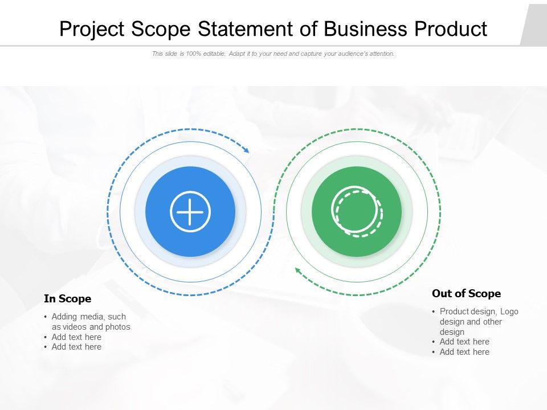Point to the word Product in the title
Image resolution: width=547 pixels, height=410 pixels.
click(x=452, y=29)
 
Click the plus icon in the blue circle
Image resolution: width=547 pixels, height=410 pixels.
click(x=190, y=212)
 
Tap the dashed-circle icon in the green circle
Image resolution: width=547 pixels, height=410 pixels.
click(x=357, y=211)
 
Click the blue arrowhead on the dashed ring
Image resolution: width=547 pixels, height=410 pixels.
click(x=246, y=150)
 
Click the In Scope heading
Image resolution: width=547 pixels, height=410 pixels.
click(x=67, y=299)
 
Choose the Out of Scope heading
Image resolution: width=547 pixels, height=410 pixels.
click(x=466, y=294)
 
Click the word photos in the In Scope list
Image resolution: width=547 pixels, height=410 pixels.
click(x=118, y=327)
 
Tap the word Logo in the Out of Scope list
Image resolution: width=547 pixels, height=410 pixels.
click(x=509, y=311)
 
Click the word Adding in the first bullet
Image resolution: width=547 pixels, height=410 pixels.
click(x=64, y=317)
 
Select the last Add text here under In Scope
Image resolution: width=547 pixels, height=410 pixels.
click(x=76, y=347)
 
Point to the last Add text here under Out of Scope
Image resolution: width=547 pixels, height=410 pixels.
click(x=464, y=352)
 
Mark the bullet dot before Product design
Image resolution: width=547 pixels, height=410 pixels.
click(x=434, y=312)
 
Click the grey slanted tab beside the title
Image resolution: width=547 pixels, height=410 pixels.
click(x=534, y=26)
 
